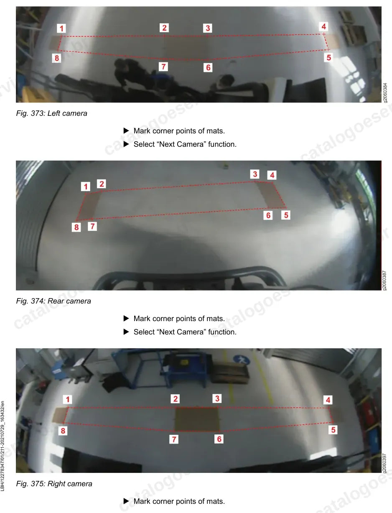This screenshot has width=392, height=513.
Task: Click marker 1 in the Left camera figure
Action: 61,28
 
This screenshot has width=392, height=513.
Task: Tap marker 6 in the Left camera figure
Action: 208,68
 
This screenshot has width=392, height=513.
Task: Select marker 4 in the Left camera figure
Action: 323,26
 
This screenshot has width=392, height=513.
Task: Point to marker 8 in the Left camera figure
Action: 56,58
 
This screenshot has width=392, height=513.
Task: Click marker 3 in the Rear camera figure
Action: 255,174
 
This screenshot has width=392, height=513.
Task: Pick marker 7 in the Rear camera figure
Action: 92,226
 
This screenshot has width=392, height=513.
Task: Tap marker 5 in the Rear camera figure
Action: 286,215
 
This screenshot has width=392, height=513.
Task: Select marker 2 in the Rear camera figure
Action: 102,184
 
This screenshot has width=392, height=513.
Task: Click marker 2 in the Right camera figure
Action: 175,399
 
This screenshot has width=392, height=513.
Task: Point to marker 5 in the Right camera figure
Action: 333,430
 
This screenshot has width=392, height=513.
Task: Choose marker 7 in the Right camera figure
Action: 174,439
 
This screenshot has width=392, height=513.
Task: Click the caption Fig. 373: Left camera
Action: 52,113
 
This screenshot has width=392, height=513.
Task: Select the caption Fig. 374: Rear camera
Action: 53,301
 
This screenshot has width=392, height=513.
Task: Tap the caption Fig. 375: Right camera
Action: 54,484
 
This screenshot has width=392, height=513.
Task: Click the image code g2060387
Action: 385,281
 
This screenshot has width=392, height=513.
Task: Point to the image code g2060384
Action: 385,93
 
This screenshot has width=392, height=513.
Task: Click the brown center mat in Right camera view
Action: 197,419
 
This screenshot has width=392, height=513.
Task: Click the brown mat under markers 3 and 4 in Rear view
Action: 270,195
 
